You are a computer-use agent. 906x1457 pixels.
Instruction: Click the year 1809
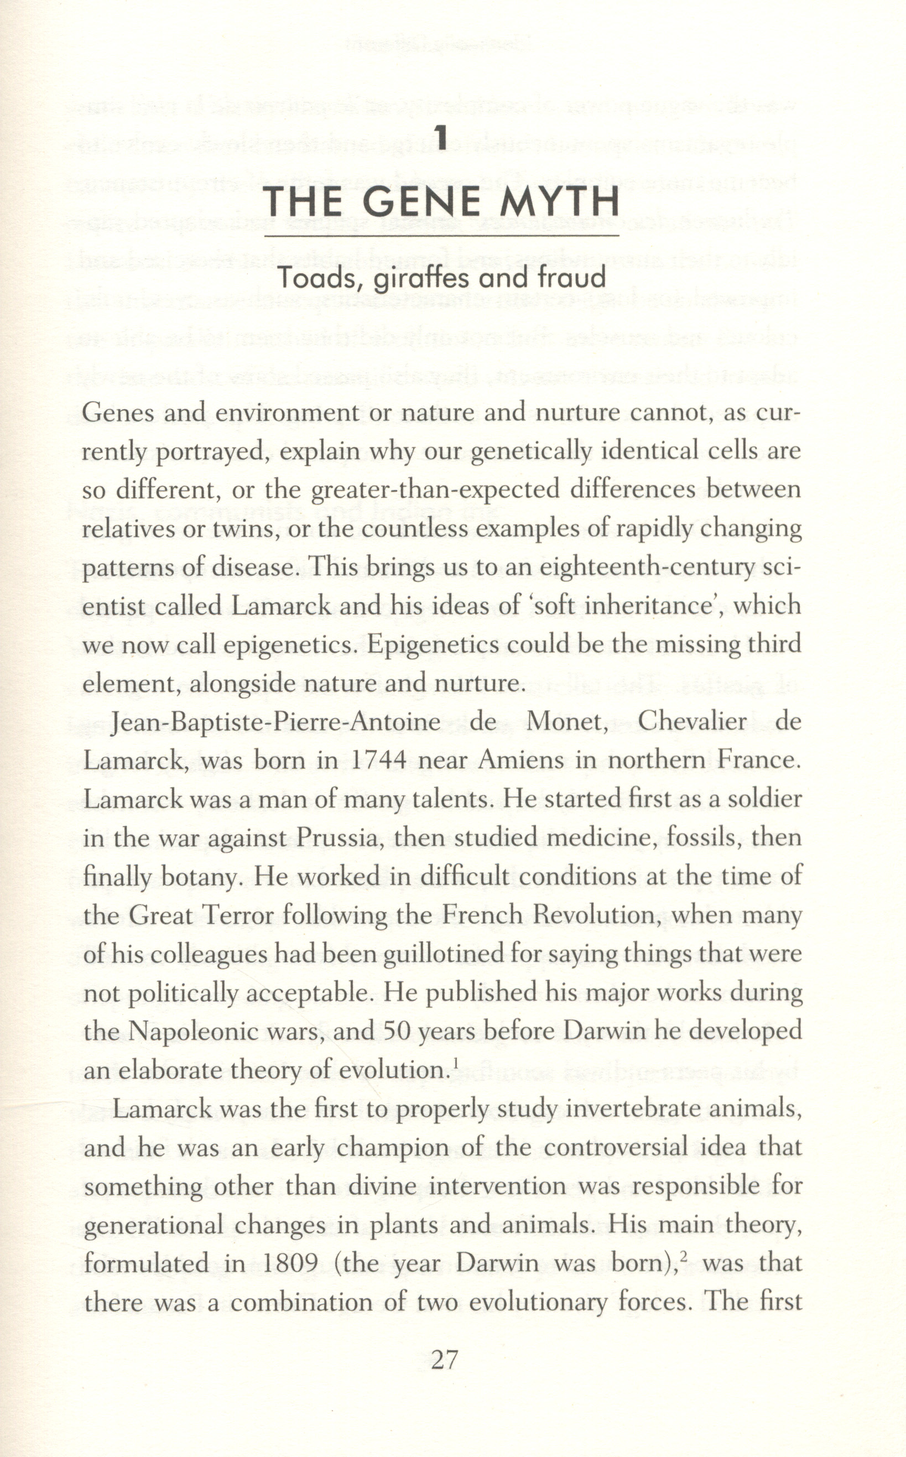(x=290, y=1263)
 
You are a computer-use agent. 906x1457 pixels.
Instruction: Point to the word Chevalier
(x=692, y=721)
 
